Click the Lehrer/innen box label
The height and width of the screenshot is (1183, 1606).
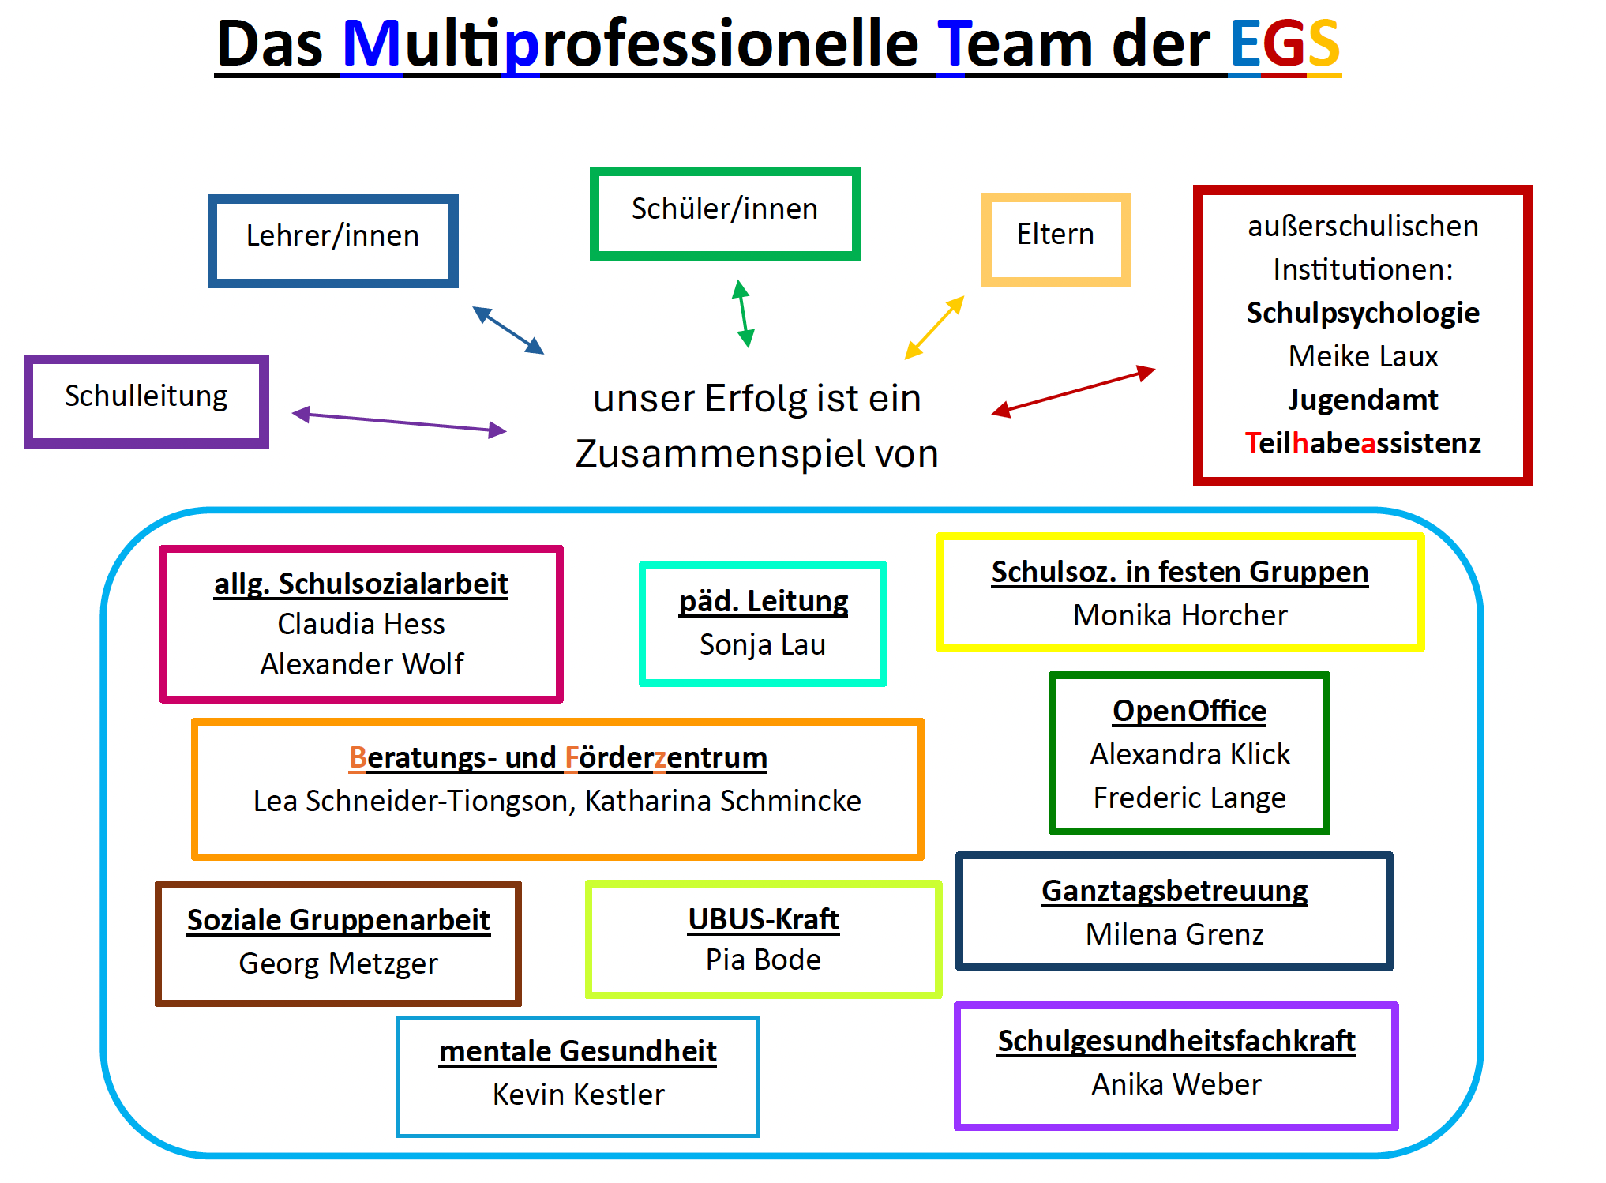coord(332,236)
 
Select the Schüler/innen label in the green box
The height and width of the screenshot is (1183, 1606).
coord(724,209)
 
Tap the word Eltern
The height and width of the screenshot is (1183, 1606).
coord(1055,235)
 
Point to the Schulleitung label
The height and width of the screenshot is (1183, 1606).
coord(146,396)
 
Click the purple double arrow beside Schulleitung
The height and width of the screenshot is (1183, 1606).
coord(399,422)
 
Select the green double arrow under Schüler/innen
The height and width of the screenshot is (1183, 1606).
coord(742,314)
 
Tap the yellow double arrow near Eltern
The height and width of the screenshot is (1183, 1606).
coord(934,328)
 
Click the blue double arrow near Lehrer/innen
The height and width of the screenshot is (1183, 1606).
coord(508,330)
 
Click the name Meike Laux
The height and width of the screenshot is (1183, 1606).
coord(1363,357)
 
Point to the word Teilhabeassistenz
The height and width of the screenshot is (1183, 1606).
coord(1363,444)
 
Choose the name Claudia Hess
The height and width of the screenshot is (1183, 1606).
coord(361,625)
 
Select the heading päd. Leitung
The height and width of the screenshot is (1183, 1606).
coord(763,602)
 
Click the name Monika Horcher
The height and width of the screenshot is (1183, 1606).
coord(1180,616)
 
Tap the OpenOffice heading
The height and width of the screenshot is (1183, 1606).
coord(1189,712)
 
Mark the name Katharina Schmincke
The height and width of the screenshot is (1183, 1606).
coord(722,802)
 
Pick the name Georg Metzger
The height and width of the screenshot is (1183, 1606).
coord(338,964)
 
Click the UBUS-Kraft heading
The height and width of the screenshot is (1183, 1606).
coord(763,920)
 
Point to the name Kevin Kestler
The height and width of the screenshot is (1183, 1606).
coord(578,1095)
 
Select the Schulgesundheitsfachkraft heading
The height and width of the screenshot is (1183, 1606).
coord(1176,1042)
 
